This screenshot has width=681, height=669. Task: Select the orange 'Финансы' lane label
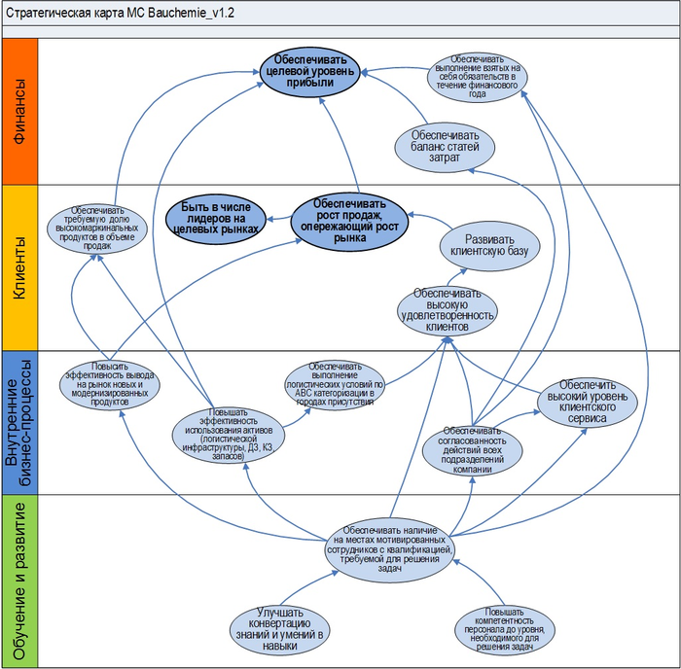20,111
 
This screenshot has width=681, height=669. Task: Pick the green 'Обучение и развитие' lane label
20,581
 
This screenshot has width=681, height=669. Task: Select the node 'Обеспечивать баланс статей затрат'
445,141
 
